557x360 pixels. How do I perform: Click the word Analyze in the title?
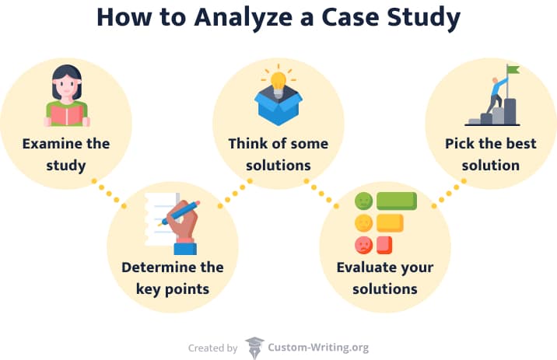[243, 18]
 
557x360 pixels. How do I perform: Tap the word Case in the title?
[350, 17]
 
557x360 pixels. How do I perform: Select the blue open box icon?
[278, 105]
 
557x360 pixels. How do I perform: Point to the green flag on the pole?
[513, 69]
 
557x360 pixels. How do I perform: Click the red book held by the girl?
[67, 116]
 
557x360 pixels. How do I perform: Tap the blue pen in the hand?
[180, 213]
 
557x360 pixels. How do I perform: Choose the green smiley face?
[363, 201]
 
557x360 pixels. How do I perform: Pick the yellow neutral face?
[363, 223]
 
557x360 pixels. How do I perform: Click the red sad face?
[363, 245]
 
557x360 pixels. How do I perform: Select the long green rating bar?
[397, 201]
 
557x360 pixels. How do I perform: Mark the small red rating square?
[384, 245]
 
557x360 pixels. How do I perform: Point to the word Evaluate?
[364, 267]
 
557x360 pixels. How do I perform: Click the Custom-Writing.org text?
[318, 348]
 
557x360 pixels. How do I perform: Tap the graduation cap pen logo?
[254, 348]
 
